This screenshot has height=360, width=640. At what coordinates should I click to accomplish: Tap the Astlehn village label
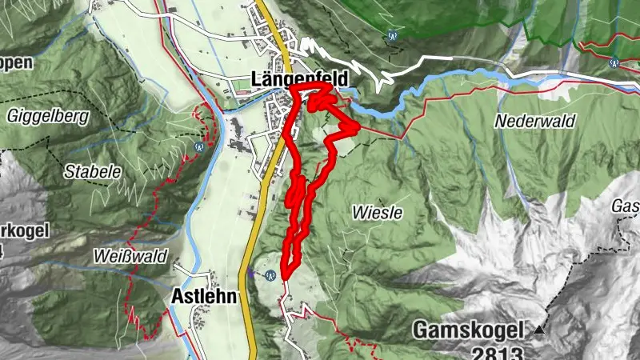coord(204,297)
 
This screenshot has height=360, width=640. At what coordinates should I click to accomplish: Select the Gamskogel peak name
coord(468,330)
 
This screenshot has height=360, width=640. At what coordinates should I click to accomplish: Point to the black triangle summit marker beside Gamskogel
coord(539,330)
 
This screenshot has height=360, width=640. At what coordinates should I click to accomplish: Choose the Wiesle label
coord(376,213)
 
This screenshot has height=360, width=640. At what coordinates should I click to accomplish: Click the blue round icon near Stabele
coord(199,146)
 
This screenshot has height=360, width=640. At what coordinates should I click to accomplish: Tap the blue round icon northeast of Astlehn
coord(271,274)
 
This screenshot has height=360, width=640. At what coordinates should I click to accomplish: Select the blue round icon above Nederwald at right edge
coord(614,62)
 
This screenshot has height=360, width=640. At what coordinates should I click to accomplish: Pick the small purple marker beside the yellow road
coord(251,272)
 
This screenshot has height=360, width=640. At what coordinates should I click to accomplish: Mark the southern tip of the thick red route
coord(283,278)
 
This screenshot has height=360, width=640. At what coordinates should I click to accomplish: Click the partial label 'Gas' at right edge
coord(626,206)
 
